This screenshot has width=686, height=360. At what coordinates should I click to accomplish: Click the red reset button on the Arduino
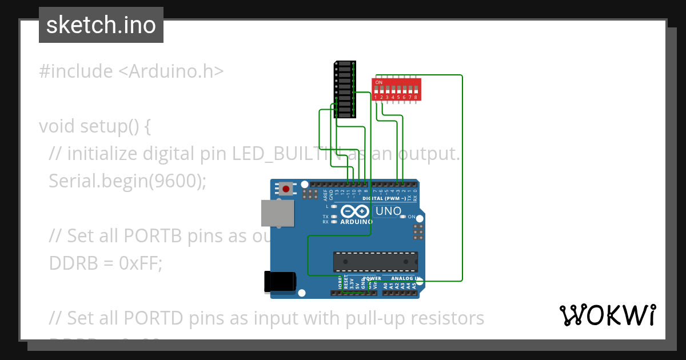(285, 189)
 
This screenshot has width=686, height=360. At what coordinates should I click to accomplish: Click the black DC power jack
(280, 282)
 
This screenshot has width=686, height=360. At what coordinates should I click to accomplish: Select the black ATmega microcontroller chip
(376, 261)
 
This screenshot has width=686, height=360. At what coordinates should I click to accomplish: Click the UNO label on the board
(388, 211)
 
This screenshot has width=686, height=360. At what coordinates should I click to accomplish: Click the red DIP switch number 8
(416, 90)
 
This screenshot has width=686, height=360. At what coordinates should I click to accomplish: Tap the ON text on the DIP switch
(378, 82)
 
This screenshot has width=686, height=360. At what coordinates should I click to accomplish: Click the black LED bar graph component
(344, 89)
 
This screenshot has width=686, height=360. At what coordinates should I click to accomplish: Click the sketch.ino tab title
(101, 25)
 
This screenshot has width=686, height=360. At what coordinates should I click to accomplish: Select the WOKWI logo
(607, 315)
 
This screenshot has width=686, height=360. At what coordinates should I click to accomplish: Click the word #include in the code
(76, 71)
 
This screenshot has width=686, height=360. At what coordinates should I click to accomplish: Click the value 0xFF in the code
(140, 263)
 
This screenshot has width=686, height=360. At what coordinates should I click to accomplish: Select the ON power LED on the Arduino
(403, 217)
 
